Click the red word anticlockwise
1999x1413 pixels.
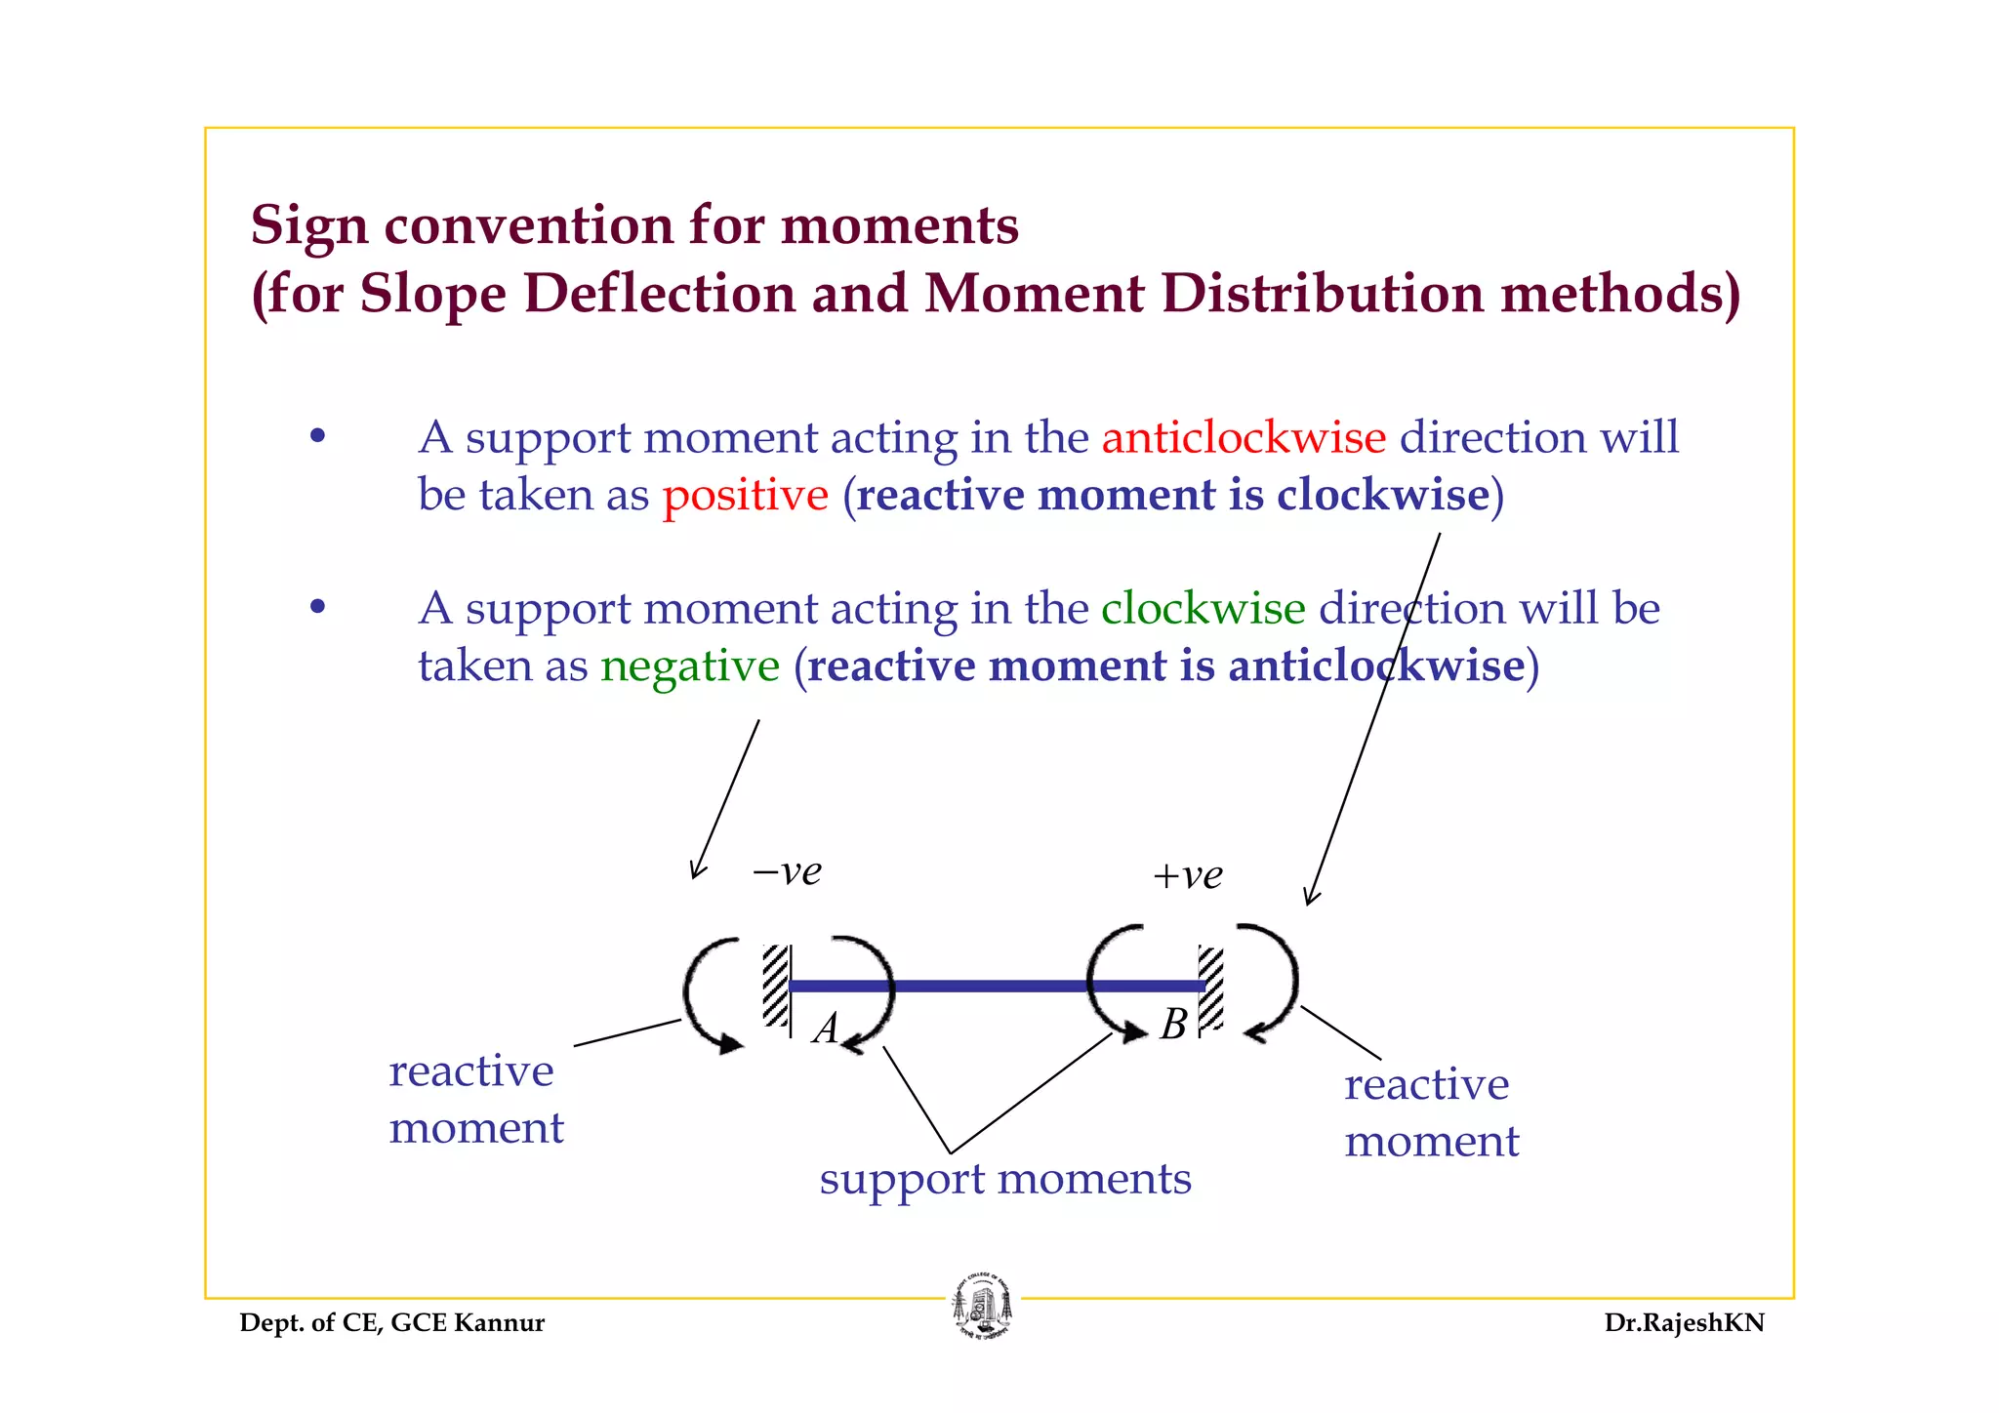tap(1244, 437)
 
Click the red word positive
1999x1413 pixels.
tap(745, 495)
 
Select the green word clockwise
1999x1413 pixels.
tap(1203, 609)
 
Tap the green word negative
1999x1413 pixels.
tap(690, 666)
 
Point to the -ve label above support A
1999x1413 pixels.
tap(787, 870)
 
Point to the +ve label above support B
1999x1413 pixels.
tap(1187, 875)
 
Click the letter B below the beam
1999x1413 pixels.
tap(1174, 1025)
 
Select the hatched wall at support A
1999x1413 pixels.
tap(776, 985)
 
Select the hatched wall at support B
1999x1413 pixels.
tap(1211, 988)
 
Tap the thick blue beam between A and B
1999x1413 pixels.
tap(996, 986)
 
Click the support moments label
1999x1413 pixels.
tap(1005, 1179)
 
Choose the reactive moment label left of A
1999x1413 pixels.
tap(475, 1100)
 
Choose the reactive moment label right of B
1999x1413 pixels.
tap(1431, 1113)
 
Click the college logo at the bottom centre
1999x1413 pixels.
tap(982, 1308)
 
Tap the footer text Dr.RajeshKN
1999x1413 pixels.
tap(1684, 1323)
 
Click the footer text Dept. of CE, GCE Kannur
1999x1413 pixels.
tap(391, 1323)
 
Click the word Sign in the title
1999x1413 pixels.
tap(309, 225)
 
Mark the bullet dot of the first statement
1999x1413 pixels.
tap(316, 436)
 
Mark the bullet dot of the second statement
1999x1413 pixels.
tap(316, 608)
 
